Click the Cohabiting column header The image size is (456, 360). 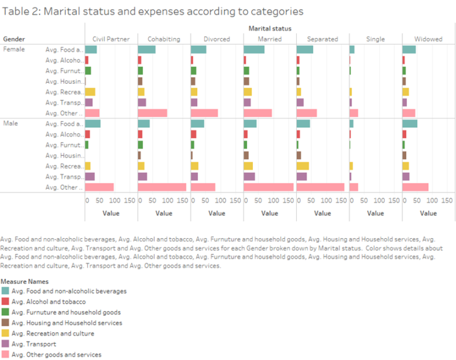[164, 39]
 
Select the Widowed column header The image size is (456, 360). [428, 39]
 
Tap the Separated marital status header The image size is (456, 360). [322, 39]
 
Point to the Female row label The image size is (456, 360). [14, 49]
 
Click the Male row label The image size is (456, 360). [11, 123]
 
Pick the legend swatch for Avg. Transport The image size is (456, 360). [5, 344]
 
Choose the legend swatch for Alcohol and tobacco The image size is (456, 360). [5, 302]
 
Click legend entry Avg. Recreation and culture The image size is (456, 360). [52, 333]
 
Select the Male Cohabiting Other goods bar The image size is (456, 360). [162, 187]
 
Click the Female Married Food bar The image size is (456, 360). [254, 49]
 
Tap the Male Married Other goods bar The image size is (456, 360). [268, 187]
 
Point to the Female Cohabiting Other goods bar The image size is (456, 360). [153, 113]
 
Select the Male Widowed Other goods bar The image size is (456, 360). [416, 187]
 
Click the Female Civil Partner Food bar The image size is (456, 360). [91, 49]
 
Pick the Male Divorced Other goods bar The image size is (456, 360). [203, 187]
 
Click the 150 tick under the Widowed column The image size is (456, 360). [448, 201]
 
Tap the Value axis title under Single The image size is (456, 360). [375, 213]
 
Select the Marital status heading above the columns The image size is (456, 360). [270, 28]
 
